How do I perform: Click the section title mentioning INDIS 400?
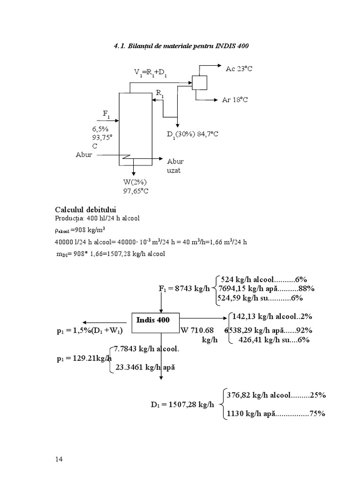pyautogui.click(x=181, y=46)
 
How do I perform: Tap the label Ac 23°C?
pyautogui.click(x=239, y=69)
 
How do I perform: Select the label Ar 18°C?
pyautogui.click(x=235, y=100)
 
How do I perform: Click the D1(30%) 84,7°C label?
pyautogui.click(x=192, y=134)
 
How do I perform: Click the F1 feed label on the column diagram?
pyautogui.click(x=107, y=113)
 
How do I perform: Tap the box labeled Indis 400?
pyautogui.click(x=153, y=320)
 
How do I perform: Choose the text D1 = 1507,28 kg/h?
pyautogui.click(x=179, y=405)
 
